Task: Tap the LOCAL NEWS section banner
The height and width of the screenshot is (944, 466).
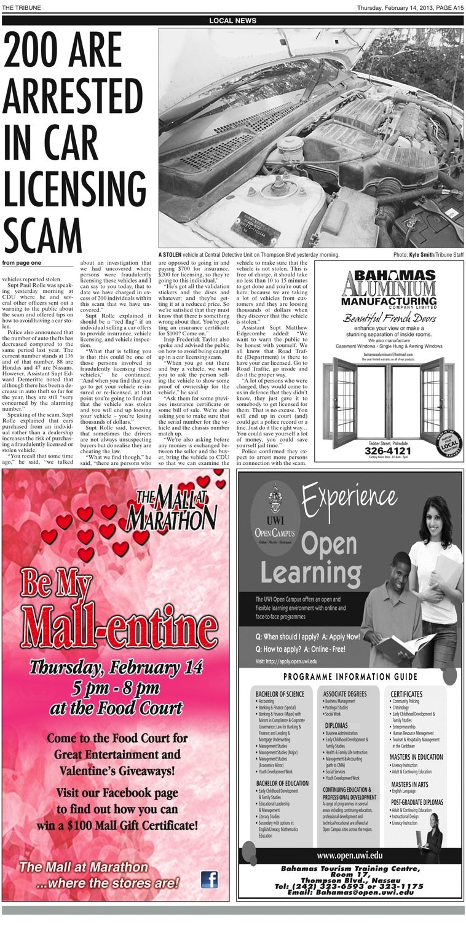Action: coord(232,20)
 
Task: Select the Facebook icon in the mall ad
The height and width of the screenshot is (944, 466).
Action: coord(209,880)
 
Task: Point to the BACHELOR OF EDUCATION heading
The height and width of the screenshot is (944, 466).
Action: coord(282,784)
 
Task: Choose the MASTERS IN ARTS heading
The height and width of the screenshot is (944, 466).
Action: coord(410,785)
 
